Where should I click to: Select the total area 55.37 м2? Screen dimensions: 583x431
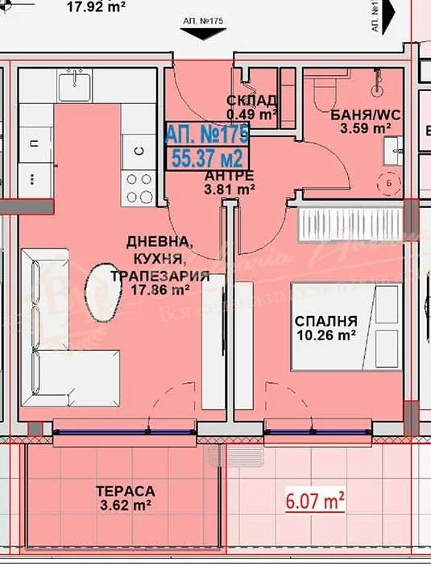pyautogui.click(x=208, y=156)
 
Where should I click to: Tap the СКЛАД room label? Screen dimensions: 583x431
pyautogui.click(x=252, y=100)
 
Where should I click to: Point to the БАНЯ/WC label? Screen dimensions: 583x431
pyautogui.click(x=366, y=114)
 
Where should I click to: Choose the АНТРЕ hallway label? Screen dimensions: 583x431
pyautogui.click(x=230, y=176)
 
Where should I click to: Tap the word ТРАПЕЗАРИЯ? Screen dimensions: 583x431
pyautogui.click(x=160, y=276)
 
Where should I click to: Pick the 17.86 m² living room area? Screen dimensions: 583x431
pyautogui.click(x=160, y=290)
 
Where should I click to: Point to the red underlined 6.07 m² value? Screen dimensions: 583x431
pyautogui.click(x=316, y=501)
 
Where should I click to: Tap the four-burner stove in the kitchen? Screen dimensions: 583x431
pyautogui.click(x=139, y=188)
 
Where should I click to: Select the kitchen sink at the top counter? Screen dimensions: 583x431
pyautogui.click(x=78, y=81)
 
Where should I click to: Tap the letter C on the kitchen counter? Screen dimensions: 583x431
pyautogui.click(x=138, y=151)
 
